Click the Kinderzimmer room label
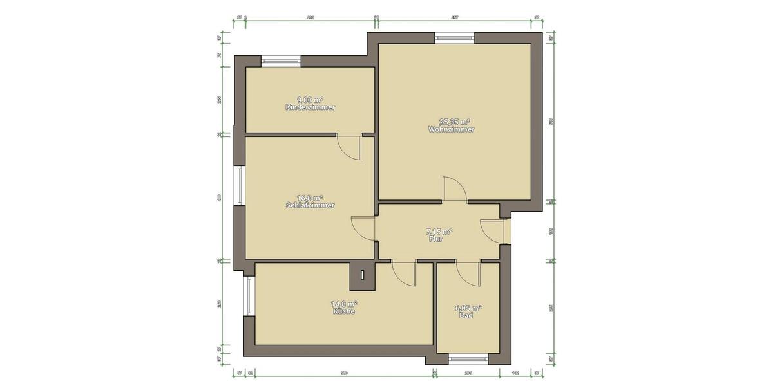[310, 107]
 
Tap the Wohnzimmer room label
[451, 129]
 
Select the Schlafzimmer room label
[310, 205]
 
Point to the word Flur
[436, 239]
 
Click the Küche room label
[344, 311]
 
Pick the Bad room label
[466, 316]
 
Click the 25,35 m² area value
[454, 121]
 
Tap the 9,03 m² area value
[310, 100]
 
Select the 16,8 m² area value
[310, 198]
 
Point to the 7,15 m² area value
[439, 231]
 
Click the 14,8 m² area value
[344, 304]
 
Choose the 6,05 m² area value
[468, 308]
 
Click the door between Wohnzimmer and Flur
[455, 190]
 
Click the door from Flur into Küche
[404, 273]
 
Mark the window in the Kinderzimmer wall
[282, 62]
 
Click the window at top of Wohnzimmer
[455, 37]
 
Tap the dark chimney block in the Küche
[363, 275]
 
